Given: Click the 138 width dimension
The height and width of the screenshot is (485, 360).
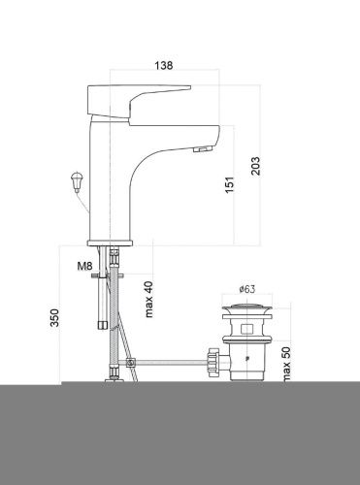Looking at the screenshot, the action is pyautogui.click(x=164, y=65).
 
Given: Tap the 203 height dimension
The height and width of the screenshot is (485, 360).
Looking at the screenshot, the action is pyautogui.click(x=256, y=166).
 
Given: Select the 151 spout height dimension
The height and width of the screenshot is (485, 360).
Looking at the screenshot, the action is pyautogui.click(x=229, y=185).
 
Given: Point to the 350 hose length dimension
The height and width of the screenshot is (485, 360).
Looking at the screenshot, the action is pyautogui.click(x=54, y=318).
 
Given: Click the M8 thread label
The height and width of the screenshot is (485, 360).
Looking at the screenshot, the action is pyautogui.click(x=84, y=266).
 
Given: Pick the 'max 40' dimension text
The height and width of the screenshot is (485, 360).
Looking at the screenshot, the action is pyautogui.click(x=148, y=299).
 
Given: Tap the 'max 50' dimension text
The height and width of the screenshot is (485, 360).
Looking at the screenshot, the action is pyautogui.click(x=286, y=365).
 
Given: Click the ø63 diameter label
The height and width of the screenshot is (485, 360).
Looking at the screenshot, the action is pyautogui.click(x=247, y=289).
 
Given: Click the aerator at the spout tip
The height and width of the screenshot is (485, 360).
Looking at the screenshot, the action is pyautogui.click(x=202, y=149).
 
